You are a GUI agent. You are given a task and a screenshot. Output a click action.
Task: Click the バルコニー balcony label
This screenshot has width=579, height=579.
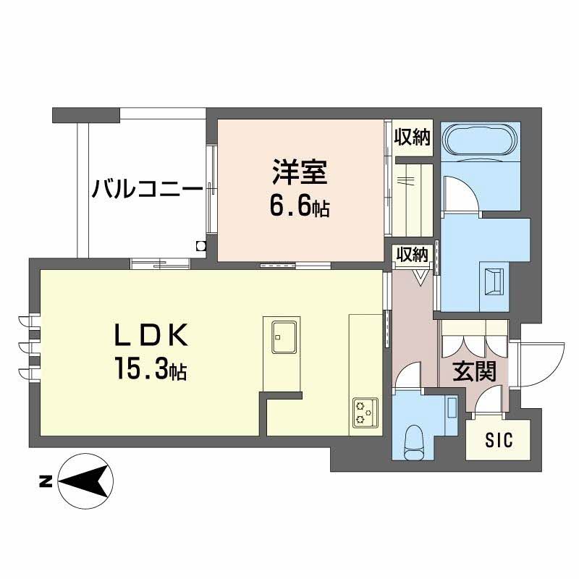(x=146, y=190)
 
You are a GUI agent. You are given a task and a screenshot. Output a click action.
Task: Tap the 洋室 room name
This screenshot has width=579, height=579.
(x=300, y=174)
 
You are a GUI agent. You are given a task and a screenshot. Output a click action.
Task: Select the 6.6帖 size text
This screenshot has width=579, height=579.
(x=300, y=208)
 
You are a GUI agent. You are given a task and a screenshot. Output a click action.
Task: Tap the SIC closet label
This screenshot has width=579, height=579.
(x=498, y=439)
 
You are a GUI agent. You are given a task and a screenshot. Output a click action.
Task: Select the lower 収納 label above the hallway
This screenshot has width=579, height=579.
(x=412, y=254)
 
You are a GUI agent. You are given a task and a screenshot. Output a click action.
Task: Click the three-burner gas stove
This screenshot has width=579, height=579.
(x=363, y=413)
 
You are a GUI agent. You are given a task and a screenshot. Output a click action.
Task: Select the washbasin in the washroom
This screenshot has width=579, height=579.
(x=496, y=281)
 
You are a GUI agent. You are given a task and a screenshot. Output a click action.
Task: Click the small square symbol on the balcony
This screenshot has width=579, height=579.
(x=200, y=245)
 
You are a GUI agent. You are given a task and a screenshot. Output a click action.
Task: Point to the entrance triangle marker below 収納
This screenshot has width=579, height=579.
(x=420, y=275)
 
